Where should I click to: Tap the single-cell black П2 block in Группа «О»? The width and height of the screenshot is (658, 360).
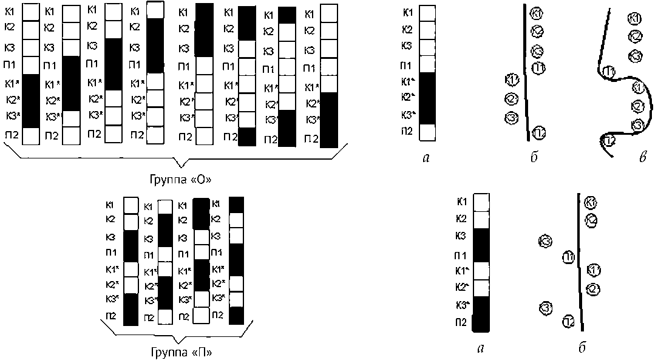pyautogui.click(x=247, y=137)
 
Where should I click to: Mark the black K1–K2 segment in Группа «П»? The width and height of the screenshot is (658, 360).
pyautogui.click(x=202, y=212)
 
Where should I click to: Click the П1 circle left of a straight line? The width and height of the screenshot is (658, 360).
pyautogui.click(x=568, y=257)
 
